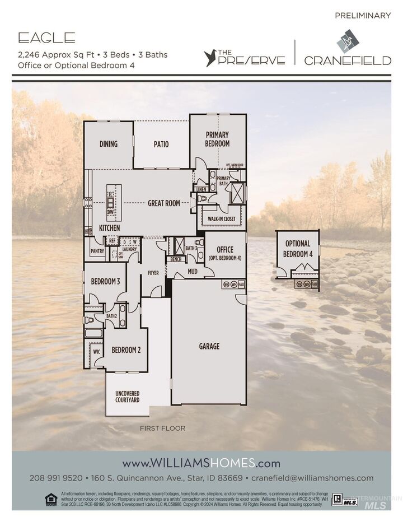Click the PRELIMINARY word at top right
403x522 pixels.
(363, 16)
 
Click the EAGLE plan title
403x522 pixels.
(46, 38)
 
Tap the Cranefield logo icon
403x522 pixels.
(348, 40)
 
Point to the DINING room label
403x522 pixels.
(109, 144)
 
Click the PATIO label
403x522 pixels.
(161, 144)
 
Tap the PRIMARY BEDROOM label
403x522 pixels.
(217, 139)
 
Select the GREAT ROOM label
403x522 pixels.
(164, 203)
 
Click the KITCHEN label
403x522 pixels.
(109, 229)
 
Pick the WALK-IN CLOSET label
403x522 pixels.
(222, 218)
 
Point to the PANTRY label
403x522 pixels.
(97, 251)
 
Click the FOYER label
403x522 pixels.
(153, 273)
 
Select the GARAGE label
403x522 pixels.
(209, 346)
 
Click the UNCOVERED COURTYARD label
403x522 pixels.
(127, 397)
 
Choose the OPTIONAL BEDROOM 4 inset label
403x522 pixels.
(298, 249)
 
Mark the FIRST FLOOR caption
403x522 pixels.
(162, 428)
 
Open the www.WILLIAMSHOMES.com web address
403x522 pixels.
(201, 463)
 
